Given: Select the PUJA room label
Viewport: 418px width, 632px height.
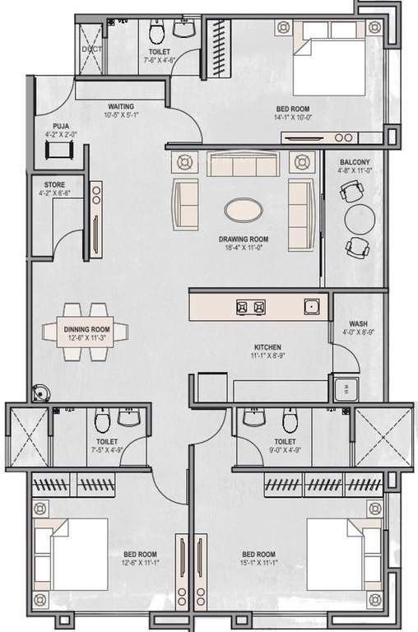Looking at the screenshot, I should click(56, 128).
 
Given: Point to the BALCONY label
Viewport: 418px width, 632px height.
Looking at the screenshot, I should click(354, 162).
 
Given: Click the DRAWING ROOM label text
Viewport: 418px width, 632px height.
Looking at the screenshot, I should click(244, 238).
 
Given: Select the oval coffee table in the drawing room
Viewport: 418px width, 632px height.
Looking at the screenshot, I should click(245, 210).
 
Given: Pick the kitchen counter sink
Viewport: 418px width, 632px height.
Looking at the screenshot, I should click(311, 307).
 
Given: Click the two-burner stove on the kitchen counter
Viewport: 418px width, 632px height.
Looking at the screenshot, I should click(251, 307).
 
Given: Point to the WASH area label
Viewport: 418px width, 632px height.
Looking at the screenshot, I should click(358, 324).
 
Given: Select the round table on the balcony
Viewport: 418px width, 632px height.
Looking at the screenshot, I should click(360, 220).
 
